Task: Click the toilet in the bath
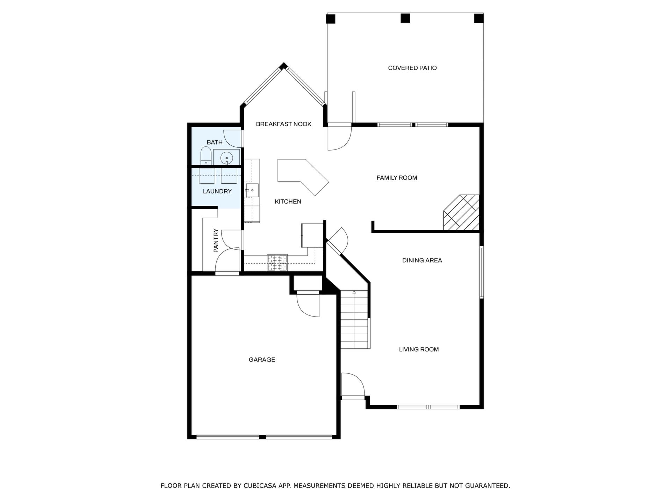pos(205,155)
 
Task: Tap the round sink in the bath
pos(226,158)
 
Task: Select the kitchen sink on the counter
pos(252,190)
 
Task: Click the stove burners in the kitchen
pos(277,263)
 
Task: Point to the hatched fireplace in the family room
pos(461,212)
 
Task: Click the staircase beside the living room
pos(355,319)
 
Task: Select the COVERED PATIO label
pos(412,68)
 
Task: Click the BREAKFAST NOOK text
pos(283,124)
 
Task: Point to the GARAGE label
pos(262,359)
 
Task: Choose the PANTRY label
pos(216,240)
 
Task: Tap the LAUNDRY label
pos(217,191)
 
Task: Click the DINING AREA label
pos(422,260)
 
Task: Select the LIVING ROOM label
pos(419,349)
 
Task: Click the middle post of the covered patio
pos(405,18)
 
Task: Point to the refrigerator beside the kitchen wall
pos(312,235)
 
